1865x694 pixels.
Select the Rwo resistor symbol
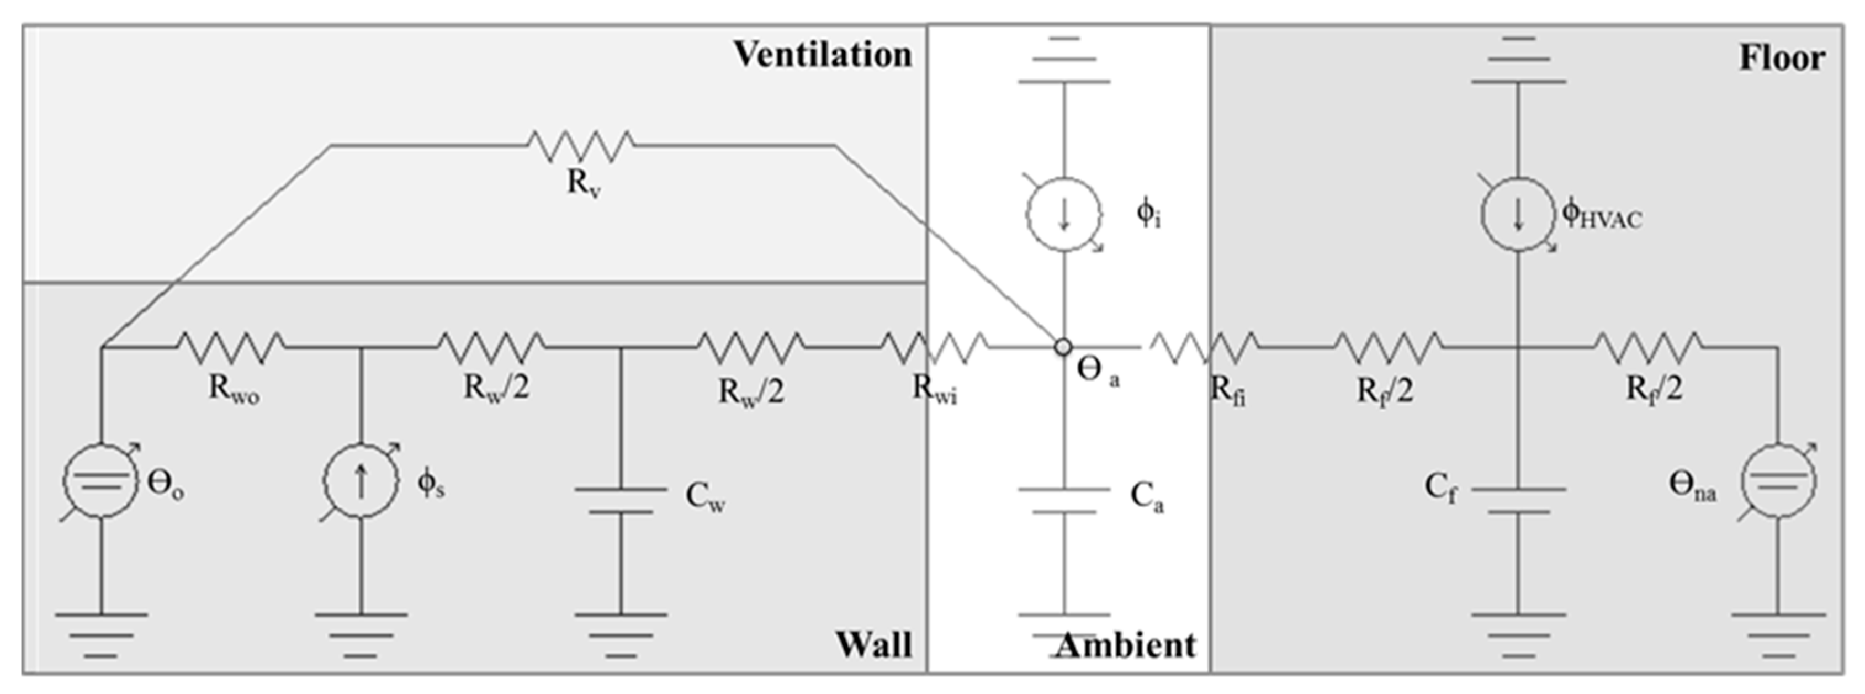230,347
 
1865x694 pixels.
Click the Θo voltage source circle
100,480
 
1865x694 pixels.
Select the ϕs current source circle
361,480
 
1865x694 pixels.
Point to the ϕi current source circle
1063,214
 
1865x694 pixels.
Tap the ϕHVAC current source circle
1518,214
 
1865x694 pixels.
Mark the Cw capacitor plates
621,501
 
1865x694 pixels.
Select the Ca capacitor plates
1063,501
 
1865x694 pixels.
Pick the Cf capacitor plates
1518,501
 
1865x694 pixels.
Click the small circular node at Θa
1062,347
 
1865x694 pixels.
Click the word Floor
1782,58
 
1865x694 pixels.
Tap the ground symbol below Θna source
1778,635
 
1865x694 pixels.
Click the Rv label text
584,184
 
